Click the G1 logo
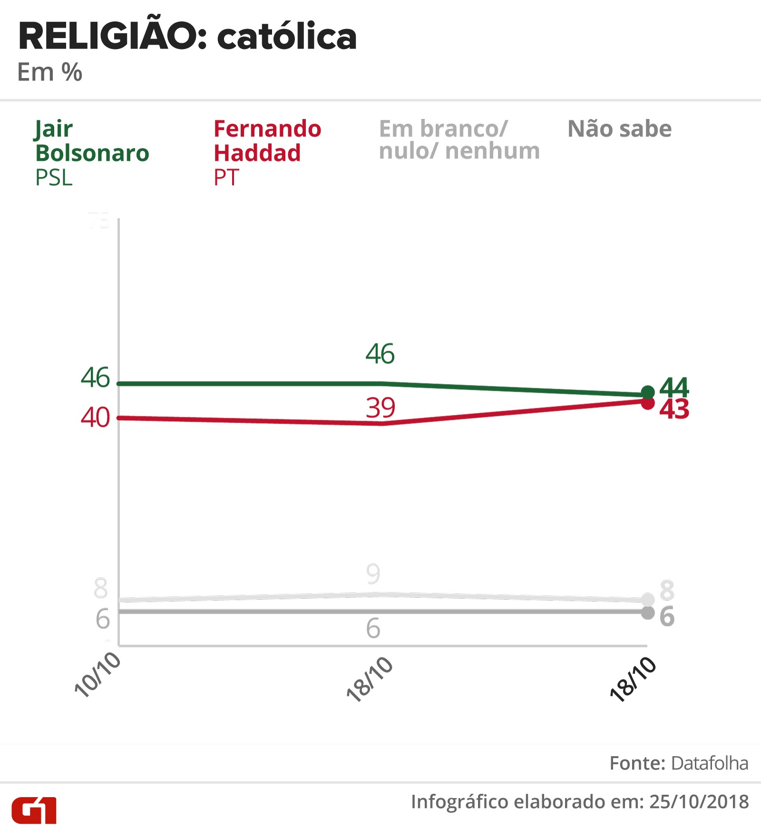click(x=34, y=810)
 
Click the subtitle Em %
click(x=49, y=72)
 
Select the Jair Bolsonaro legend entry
click(x=92, y=152)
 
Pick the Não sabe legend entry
click(x=619, y=129)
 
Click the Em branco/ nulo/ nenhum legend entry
click(x=459, y=140)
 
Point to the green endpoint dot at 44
click(x=648, y=393)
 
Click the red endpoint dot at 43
click(x=648, y=403)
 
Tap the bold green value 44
click(x=674, y=387)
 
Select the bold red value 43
click(x=674, y=410)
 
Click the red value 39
click(x=380, y=408)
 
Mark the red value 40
click(x=95, y=417)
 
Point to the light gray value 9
click(x=373, y=574)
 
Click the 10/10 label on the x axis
click(x=98, y=674)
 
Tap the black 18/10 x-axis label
click(x=633, y=679)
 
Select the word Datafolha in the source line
click(x=710, y=763)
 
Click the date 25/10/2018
click(x=699, y=802)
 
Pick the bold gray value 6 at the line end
click(x=667, y=616)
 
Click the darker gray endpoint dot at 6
click(x=648, y=613)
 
